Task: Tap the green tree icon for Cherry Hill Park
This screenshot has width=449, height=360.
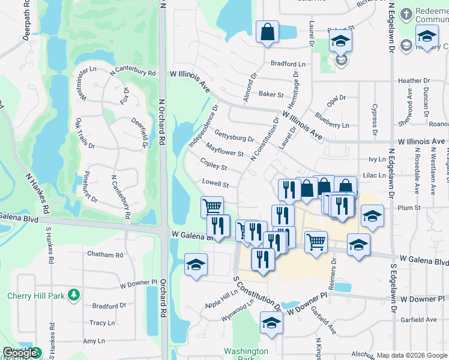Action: tap(73, 295)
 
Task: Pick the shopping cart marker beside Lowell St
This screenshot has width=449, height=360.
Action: tap(212, 206)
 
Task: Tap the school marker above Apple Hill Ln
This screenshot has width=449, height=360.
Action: tap(196, 264)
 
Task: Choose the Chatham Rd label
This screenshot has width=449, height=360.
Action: tap(105, 254)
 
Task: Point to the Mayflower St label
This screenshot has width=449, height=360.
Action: tap(224, 149)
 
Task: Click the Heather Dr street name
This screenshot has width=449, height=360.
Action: tap(410, 80)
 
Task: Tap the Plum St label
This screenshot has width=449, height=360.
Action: tap(409, 208)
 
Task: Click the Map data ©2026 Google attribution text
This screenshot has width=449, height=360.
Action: tap(412, 355)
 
